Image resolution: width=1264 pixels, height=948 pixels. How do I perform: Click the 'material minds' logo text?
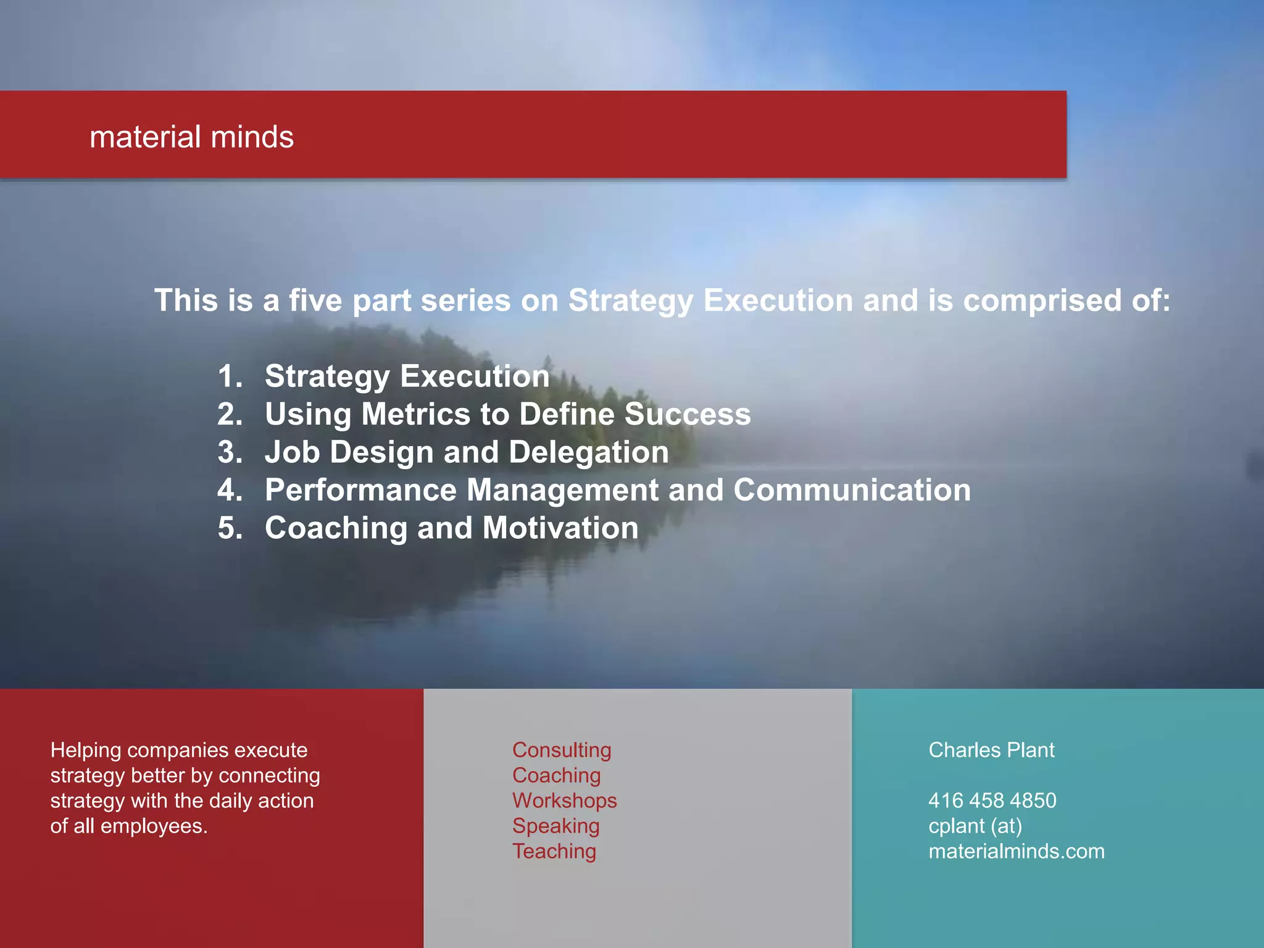(191, 137)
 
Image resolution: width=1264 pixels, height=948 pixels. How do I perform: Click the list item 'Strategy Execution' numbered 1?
(407, 376)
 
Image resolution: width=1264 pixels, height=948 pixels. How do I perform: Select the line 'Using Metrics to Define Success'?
(507, 414)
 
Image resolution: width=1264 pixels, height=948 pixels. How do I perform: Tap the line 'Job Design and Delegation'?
(467, 452)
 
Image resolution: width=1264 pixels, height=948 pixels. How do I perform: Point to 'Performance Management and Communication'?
(617, 490)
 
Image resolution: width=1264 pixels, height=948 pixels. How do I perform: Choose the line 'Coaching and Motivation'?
(451, 528)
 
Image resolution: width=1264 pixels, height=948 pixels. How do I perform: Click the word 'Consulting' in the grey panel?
(562, 750)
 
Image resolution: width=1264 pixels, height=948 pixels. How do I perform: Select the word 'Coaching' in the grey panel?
(556, 775)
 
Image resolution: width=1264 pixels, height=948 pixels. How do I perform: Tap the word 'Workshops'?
(564, 800)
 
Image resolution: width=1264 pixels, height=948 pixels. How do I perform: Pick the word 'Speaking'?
(555, 826)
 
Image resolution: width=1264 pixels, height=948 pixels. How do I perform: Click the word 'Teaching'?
(554, 851)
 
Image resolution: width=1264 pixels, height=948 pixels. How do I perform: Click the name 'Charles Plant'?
(991, 750)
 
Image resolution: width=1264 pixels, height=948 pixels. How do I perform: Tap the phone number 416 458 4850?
(992, 800)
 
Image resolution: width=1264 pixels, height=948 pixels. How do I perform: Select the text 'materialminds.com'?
(1016, 851)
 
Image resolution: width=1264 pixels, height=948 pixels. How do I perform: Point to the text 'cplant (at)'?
(975, 826)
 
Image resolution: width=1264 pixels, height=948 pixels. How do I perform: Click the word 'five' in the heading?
(315, 301)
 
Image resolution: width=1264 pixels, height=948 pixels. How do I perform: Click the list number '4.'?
(230, 490)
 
